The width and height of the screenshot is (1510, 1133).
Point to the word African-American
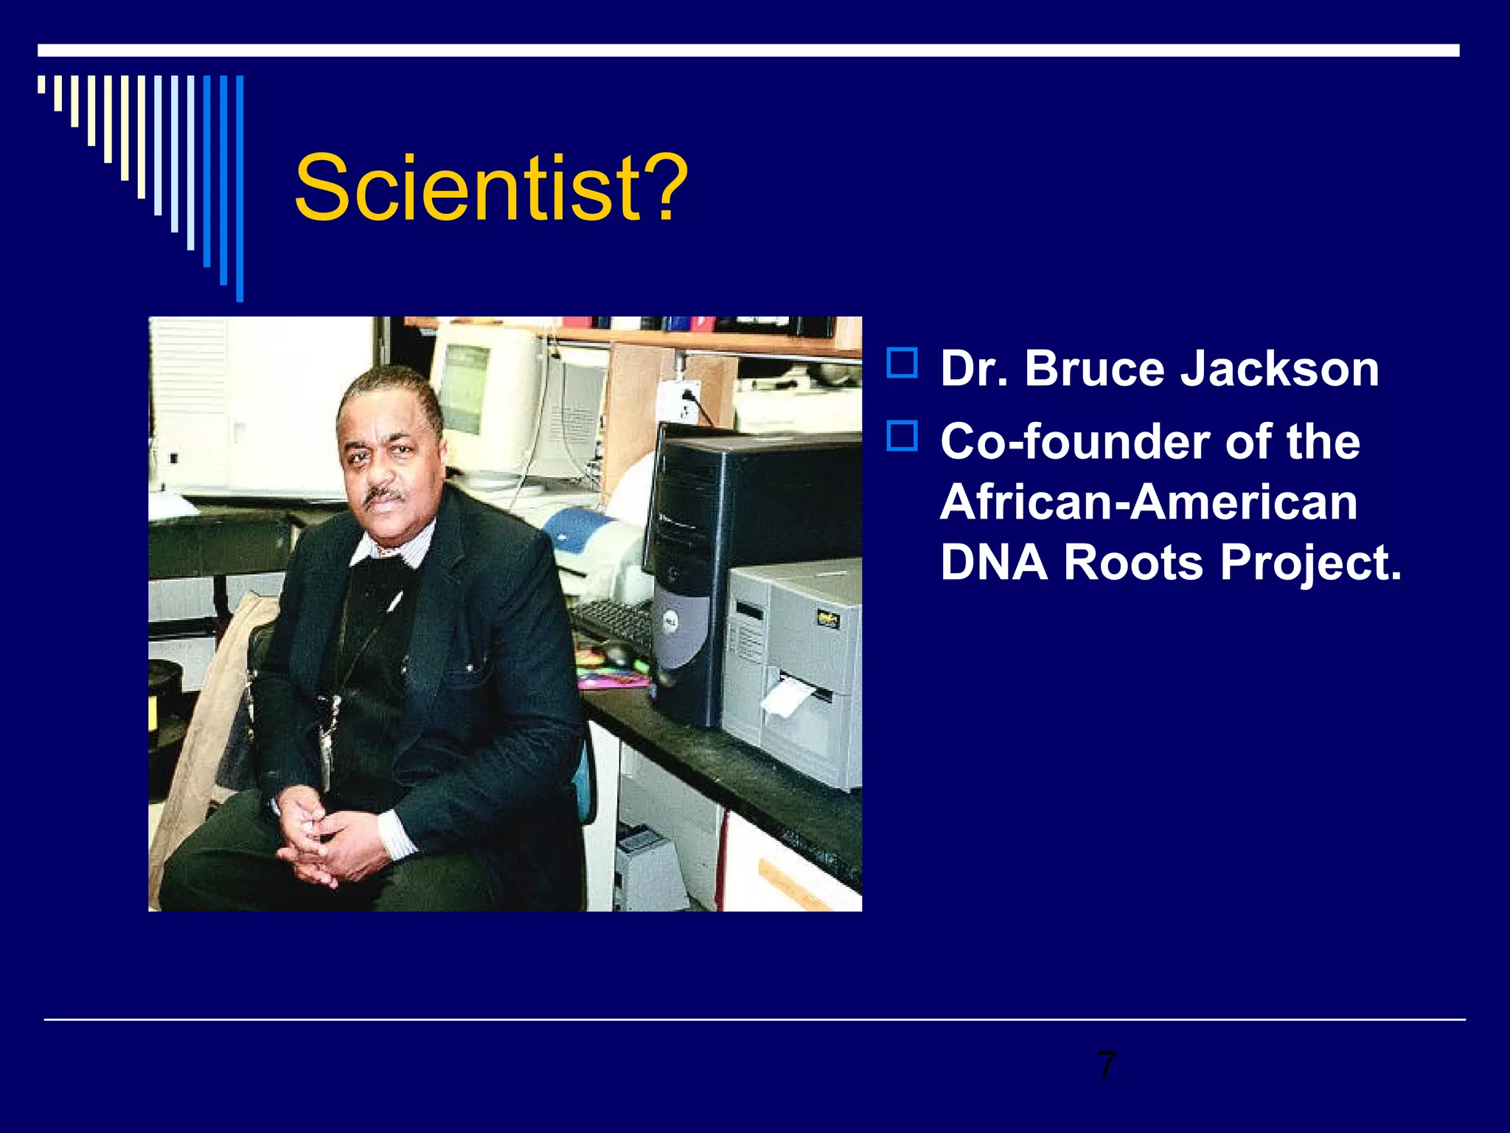coord(1148,502)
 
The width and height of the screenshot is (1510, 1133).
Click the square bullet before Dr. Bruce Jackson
coord(902,364)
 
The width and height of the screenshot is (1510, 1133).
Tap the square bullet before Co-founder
coord(902,436)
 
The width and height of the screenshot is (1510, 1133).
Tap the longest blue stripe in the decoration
coord(240,188)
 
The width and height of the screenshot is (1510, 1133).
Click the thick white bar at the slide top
coord(748,50)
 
